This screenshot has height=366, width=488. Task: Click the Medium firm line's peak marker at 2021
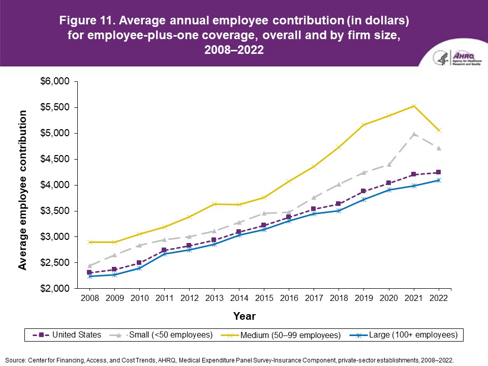click(414, 106)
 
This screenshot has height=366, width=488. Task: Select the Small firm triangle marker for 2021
click(414, 134)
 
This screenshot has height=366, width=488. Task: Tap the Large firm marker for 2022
click(438, 180)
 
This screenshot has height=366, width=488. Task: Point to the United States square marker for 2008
click(89, 272)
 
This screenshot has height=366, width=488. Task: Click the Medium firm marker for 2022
click(438, 131)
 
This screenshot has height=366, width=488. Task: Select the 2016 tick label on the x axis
click(289, 299)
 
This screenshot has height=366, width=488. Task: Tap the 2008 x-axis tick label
click(89, 299)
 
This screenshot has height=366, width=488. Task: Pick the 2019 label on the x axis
click(363, 299)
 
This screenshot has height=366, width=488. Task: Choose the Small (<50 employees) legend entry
click(165, 335)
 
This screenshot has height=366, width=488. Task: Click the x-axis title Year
click(244, 316)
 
